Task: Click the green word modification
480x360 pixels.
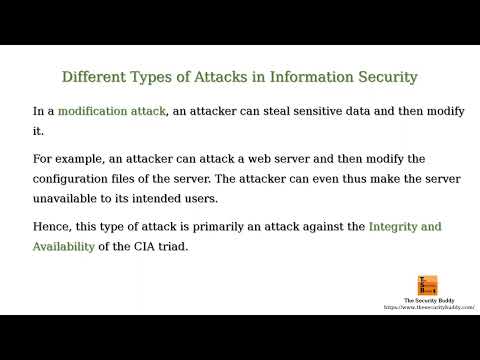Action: (x=99, y=110)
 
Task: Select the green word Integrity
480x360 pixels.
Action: (x=393, y=227)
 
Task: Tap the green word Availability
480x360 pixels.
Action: (x=64, y=246)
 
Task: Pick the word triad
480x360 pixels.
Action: (x=171, y=246)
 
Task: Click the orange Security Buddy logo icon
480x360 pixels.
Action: (x=427, y=286)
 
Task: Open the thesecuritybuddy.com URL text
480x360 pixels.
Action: (x=427, y=308)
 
